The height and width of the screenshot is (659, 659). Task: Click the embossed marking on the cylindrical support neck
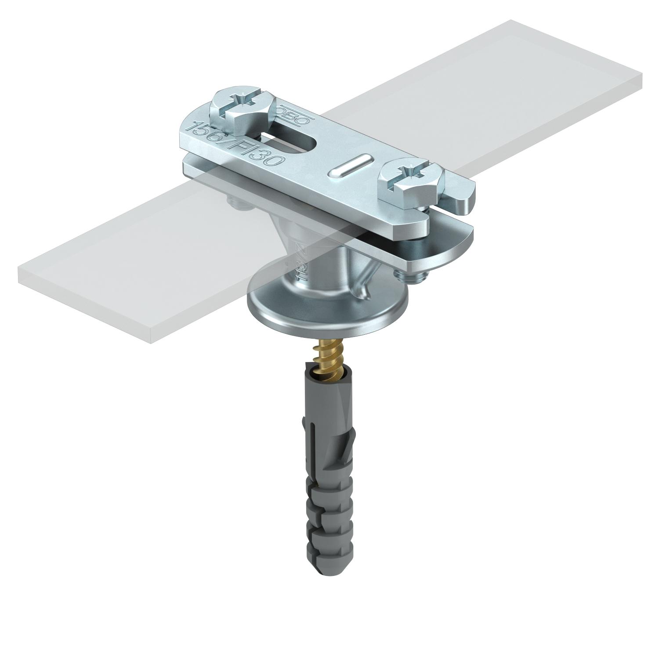pos(301,264)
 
